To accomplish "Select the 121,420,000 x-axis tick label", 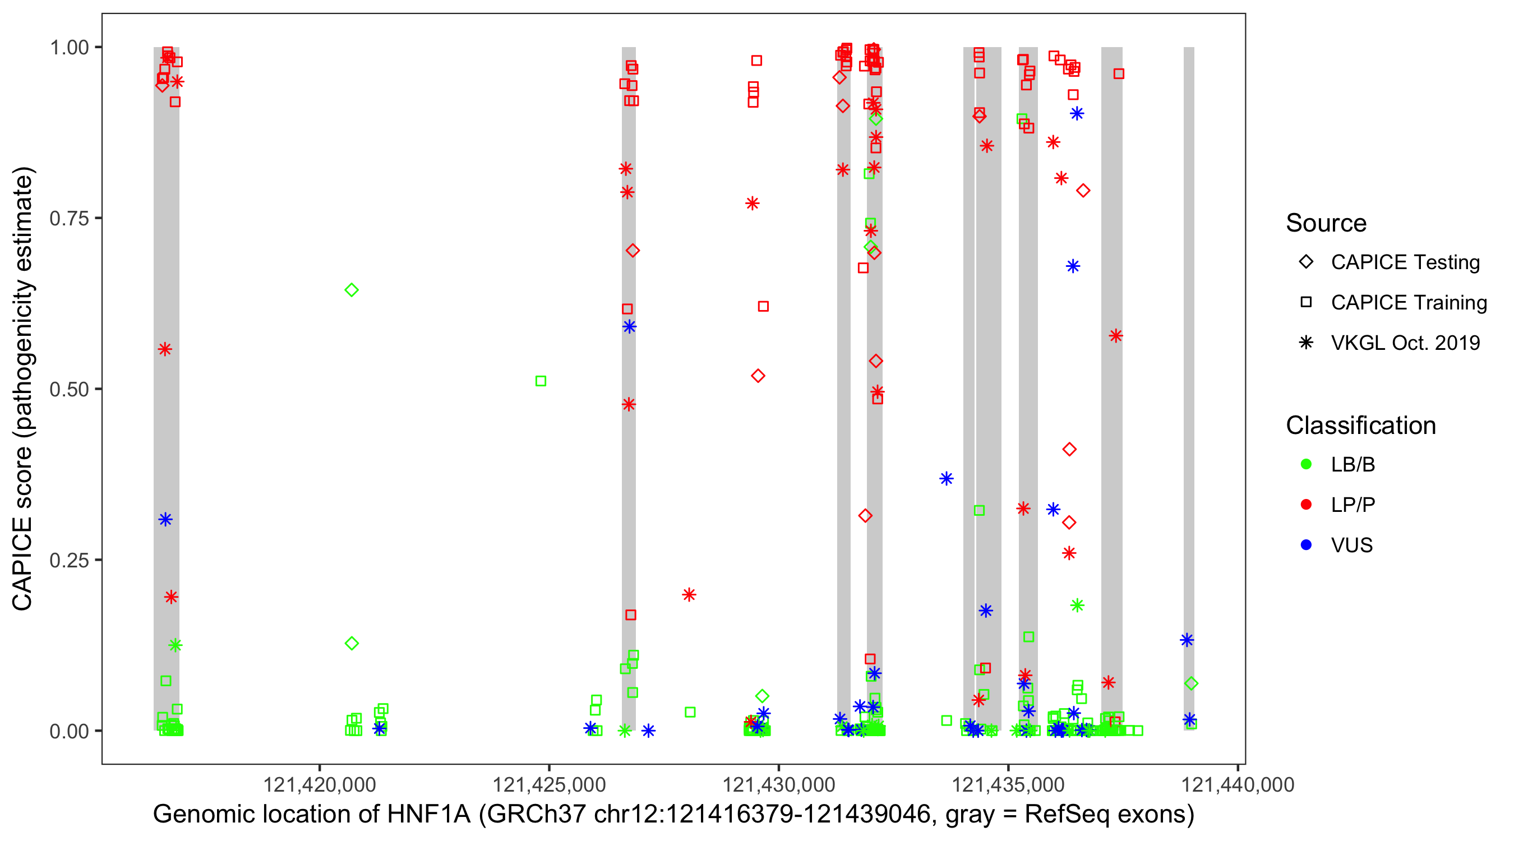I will click(x=319, y=784).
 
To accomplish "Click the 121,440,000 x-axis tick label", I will click(x=1238, y=784).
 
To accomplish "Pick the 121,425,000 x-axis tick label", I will click(x=549, y=784).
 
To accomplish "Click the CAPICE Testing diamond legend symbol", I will click(x=1306, y=262).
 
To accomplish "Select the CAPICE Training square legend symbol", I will click(x=1306, y=303).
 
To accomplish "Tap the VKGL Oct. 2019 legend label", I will click(x=1405, y=343).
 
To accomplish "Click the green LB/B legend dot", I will click(x=1306, y=464).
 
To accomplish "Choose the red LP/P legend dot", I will click(x=1306, y=505).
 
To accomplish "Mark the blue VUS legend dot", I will click(x=1306, y=546).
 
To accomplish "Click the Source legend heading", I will click(x=1326, y=223).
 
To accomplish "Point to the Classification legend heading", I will click(x=1360, y=426).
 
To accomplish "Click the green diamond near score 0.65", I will click(x=352, y=290).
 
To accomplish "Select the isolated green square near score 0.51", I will click(x=541, y=381).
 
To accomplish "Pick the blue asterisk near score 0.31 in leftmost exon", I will click(x=165, y=520).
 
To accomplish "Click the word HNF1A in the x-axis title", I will click(x=428, y=815).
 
